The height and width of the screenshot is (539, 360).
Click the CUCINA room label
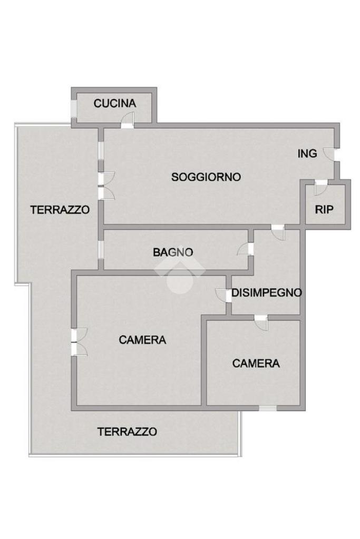(x=115, y=103)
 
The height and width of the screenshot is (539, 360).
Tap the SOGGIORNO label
(x=206, y=177)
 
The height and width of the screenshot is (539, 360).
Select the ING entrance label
(x=307, y=154)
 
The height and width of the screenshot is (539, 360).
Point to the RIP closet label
(x=324, y=209)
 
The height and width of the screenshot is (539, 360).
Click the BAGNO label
(x=173, y=252)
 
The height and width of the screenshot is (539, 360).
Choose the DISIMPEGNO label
(x=267, y=293)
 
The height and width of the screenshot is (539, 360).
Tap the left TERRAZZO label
(x=60, y=209)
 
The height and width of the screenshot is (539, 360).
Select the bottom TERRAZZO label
(x=127, y=432)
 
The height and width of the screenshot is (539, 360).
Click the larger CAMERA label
(x=142, y=340)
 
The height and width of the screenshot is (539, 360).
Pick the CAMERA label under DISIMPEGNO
(x=256, y=364)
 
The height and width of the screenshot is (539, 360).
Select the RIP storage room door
(x=321, y=188)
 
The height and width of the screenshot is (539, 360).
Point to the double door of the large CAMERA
(x=79, y=342)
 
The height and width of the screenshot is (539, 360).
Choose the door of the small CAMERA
(x=261, y=322)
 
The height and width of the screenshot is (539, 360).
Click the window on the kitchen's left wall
(x=74, y=109)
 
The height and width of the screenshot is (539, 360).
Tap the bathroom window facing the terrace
(x=100, y=250)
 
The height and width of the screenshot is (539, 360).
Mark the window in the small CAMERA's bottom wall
(x=268, y=408)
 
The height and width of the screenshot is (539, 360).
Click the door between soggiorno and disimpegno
(x=278, y=232)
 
